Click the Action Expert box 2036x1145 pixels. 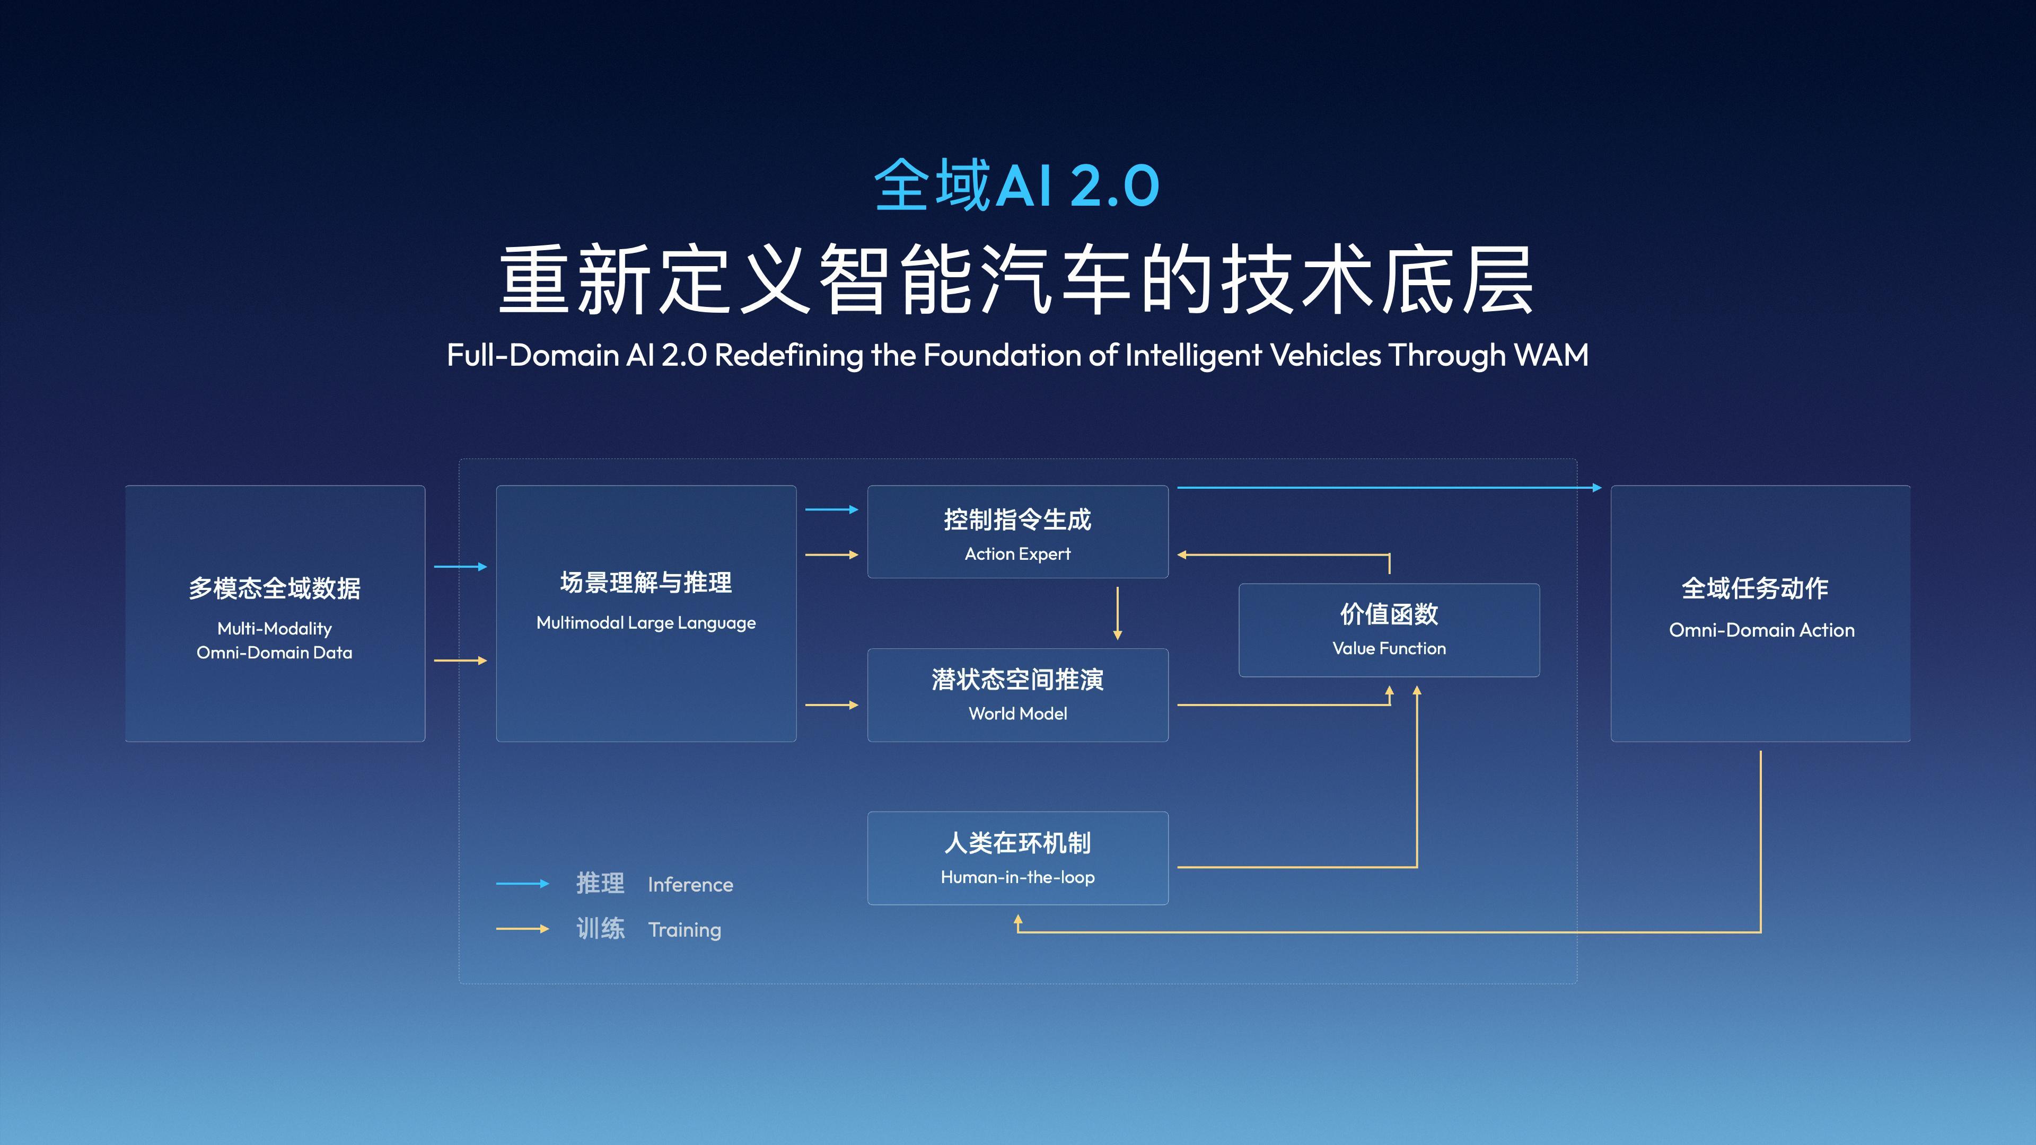coord(1017,532)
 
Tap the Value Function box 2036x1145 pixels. coord(1389,630)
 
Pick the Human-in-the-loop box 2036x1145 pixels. coord(1017,858)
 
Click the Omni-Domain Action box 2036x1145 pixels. coord(1760,613)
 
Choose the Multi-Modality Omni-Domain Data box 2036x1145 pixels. coord(275,613)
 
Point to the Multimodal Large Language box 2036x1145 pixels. coord(646,613)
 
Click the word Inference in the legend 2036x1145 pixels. coord(690,884)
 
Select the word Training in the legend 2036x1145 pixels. coord(684,929)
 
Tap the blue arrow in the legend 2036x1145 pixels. coord(522,884)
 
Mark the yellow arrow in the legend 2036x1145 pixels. coord(522,929)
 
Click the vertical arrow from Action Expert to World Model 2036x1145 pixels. coord(1117,612)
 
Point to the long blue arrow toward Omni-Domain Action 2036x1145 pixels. coord(1389,488)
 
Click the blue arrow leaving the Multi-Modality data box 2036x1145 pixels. coord(460,567)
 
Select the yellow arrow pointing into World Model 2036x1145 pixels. coord(831,705)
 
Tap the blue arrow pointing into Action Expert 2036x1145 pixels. coord(831,509)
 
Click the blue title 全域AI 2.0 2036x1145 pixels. coord(1016,185)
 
